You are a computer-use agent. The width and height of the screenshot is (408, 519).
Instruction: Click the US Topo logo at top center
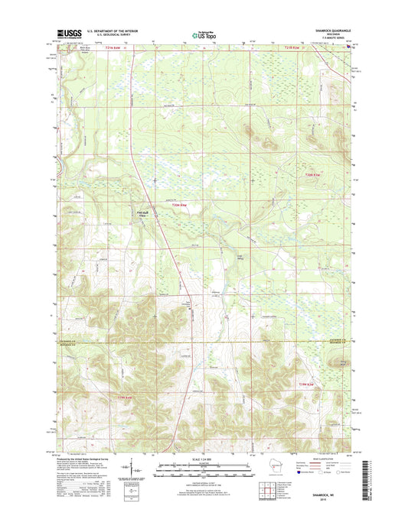[204, 34]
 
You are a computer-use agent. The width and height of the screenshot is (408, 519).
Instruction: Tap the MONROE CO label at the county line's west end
[67, 343]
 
